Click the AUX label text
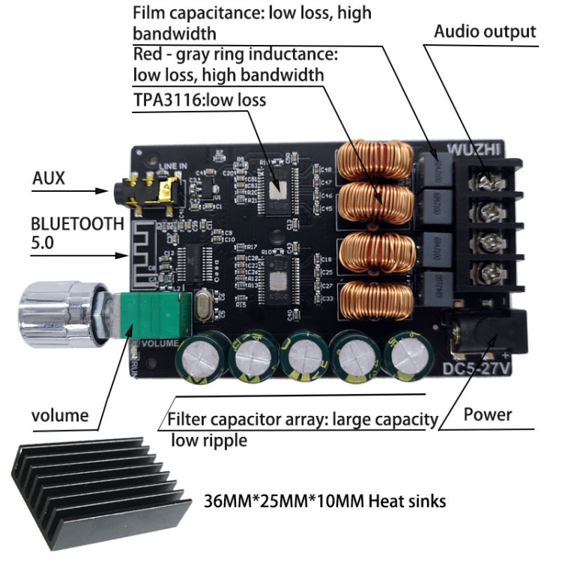tap(49, 178)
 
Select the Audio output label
tap(486, 31)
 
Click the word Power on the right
tap(487, 414)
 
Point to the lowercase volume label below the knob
tap(60, 415)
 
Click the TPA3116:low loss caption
tap(199, 99)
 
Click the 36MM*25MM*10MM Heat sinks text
tap(324, 500)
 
